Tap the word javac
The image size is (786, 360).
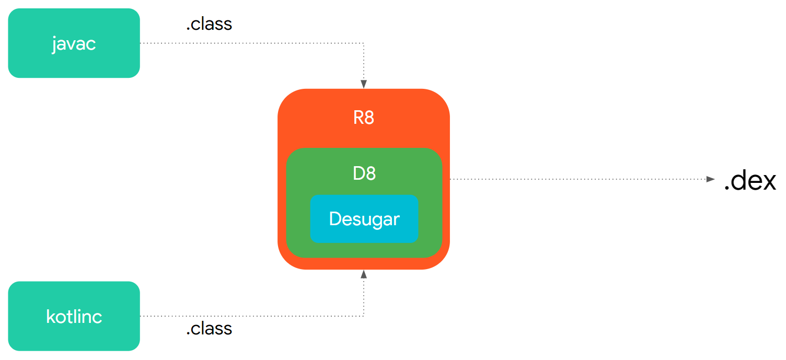coord(74,43)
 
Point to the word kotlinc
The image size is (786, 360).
coord(74,317)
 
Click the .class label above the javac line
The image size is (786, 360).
coord(209,24)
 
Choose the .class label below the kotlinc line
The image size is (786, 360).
coord(209,329)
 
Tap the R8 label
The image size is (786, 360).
coord(364,118)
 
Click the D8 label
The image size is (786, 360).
coord(364,173)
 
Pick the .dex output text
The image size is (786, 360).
coord(749,181)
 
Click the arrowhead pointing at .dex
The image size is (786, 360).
coord(710,179)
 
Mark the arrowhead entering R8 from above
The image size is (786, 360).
coord(364,84)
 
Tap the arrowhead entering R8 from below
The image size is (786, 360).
coord(364,274)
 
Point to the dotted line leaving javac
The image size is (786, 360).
coord(251,43)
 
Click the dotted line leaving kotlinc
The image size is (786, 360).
coord(251,316)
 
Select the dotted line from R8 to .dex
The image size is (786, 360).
coord(575,179)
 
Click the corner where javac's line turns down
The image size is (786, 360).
coord(364,43)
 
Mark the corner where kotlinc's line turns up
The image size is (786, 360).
coord(364,316)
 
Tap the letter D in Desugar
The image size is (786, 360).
coord(334,219)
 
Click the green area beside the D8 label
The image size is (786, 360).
coord(408,173)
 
